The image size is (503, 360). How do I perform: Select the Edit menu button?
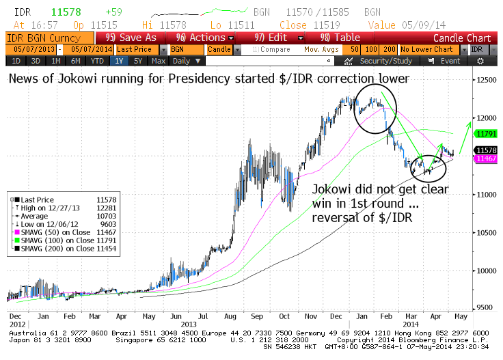click(x=275, y=38)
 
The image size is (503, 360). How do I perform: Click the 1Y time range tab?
click(x=120, y=61)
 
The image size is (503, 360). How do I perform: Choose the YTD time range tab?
click(x=98, y=61)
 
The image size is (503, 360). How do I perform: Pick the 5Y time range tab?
click(x=139, y=61)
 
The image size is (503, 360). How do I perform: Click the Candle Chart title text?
click(x=462, y=38)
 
